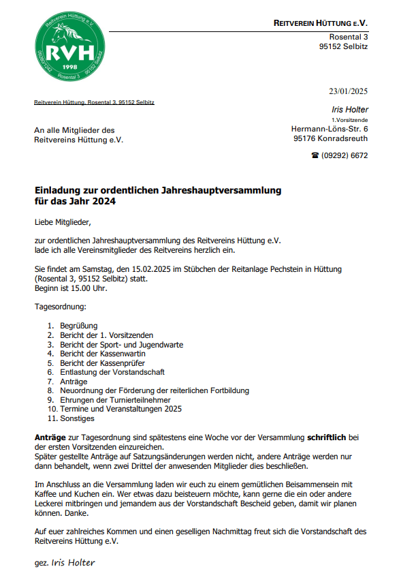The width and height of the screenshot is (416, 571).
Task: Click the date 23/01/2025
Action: pos(348,91)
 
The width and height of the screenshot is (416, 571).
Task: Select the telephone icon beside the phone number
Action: pos(315,155)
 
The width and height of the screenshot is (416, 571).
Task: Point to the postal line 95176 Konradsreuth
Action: pos(331,138)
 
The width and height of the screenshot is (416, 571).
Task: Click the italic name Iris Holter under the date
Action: pos(351,110)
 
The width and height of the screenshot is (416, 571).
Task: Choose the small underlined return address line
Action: pos(94,103)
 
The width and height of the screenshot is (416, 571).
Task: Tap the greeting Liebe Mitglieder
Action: pos(62,221)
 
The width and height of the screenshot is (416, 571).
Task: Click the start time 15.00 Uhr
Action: pos(86,288)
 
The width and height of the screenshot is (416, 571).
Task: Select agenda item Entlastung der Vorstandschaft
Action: pos(112,372)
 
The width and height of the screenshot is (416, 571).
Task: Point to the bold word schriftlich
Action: pos(328,437)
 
